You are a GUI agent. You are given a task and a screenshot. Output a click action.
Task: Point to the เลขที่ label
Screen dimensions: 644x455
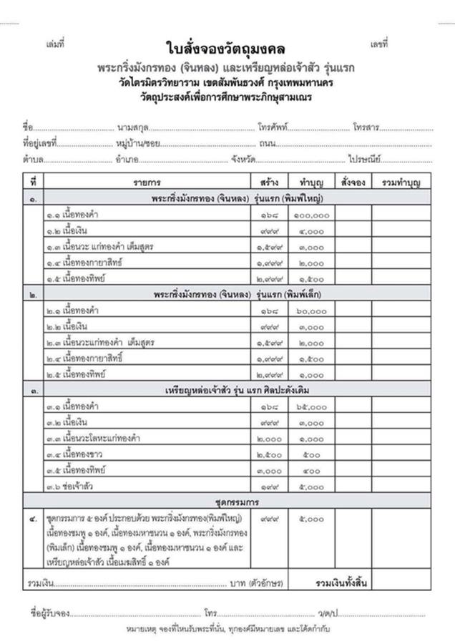tap(378, 44)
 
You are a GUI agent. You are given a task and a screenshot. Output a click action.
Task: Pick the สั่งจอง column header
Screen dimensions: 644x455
tap(353, 182)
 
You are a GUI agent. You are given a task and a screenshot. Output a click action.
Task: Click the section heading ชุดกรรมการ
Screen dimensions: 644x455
tap(226, 502)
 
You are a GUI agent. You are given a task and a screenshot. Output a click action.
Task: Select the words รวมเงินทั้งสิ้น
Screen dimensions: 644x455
tap(341, 583)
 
